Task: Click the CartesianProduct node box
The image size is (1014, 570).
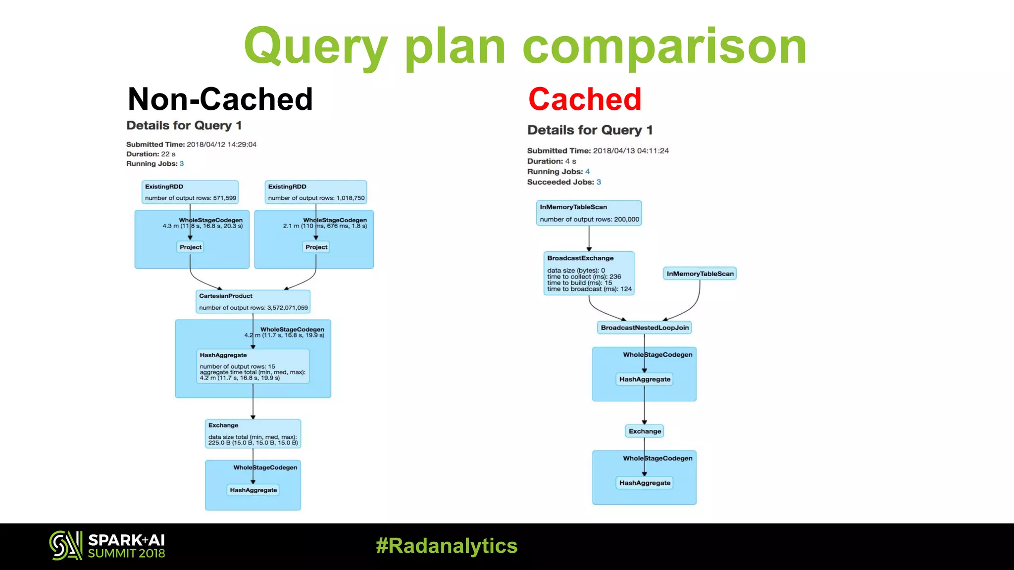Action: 253,301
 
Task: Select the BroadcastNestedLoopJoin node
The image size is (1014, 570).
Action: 644,328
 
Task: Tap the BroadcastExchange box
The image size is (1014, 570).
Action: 589,273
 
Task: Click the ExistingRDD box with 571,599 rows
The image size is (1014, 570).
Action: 190,192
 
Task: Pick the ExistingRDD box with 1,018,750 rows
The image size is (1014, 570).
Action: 315,192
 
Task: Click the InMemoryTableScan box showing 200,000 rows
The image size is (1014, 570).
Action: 589,213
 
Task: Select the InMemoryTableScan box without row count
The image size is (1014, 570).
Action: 700,274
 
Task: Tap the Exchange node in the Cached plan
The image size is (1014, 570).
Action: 644,431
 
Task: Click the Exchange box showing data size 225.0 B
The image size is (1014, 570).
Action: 253,434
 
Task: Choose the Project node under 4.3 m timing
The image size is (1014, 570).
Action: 190,247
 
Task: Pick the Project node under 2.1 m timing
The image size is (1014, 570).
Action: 316,247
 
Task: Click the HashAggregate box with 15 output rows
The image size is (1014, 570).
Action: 253,366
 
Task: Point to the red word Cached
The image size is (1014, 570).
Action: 585,99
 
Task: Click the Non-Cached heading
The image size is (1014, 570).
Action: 220,99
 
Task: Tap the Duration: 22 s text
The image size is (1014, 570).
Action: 151,154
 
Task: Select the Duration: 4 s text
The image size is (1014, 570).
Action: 552,161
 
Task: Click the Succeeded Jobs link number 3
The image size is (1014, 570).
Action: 599,182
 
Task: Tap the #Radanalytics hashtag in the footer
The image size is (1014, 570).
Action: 447,546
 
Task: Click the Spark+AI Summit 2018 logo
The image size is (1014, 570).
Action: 107,546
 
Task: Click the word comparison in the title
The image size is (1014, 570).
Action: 664,47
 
